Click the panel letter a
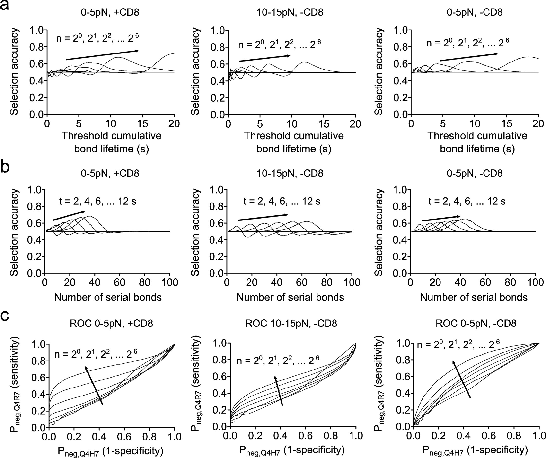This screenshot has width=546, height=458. tap(4, 5)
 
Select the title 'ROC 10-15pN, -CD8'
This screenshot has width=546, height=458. tap(291, 323)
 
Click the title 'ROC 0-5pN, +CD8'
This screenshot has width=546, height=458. tap(111, 323)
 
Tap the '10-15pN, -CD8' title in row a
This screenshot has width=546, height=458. tap(290, 12)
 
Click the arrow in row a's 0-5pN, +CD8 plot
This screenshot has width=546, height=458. tap(102, 55)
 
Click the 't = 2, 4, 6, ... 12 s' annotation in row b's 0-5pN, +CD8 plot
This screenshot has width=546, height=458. tap(98, 201)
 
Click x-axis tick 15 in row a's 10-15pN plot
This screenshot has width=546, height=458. tap(323, 124)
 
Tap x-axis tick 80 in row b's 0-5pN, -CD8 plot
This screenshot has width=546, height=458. tap(510, 282)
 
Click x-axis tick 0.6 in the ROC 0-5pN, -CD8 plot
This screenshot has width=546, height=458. tap(489, 436)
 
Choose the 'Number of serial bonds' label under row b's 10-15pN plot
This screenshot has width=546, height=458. tap(290, 297)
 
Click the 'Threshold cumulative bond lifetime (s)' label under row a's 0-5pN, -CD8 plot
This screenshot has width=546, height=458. tap(477, 142)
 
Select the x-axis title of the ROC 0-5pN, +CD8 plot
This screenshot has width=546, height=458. tap(111, 451)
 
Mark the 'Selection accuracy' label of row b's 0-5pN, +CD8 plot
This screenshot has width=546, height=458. tap(14, 232)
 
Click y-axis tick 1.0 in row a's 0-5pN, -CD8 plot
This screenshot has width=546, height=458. tap(400, 30)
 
